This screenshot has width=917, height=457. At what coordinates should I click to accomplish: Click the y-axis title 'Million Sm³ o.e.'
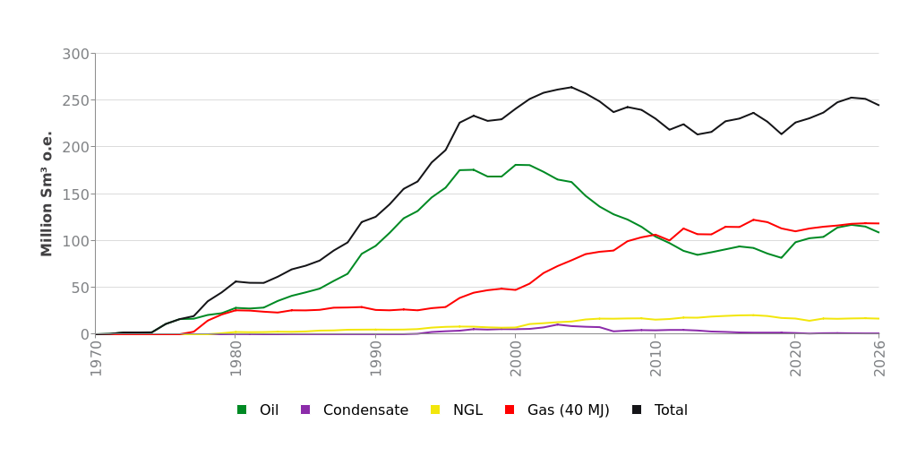pyautogui.click(x=47, y=194)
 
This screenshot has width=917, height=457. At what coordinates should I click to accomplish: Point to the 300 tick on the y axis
pyautogui.click(x=75, y=54)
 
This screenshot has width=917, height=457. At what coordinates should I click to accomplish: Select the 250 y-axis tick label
pyautogui.click(x=75, y=100)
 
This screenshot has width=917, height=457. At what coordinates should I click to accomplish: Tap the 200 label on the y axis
pyautogui.click(x=75, y=147)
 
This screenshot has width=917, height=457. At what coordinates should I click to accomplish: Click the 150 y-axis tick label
pyautogui.click(x=75, y=194)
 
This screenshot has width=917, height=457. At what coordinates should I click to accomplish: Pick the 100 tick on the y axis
pyautogui.click(x=75, y=241)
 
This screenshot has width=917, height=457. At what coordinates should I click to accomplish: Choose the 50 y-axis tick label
pyautogui.click(x=80, y=288)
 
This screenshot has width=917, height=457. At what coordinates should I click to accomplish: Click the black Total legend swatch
pyautogui.click(x=637, y=410)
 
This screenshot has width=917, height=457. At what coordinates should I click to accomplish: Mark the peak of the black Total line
pyautogui.click(x=571, y=87)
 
